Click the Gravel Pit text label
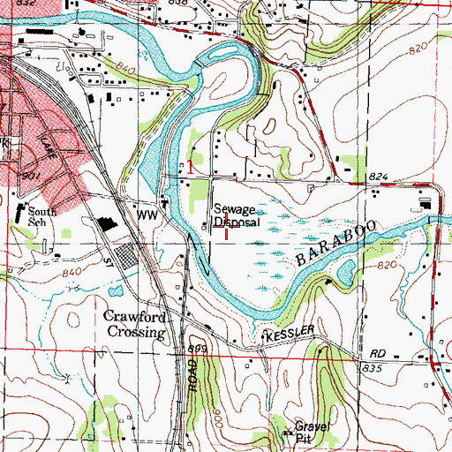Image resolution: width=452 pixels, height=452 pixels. coord(305,432)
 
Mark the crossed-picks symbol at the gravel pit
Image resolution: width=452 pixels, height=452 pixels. coord(287,432)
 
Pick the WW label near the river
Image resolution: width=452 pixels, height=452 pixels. coord(145,213)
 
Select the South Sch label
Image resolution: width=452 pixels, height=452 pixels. coord(40,218)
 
